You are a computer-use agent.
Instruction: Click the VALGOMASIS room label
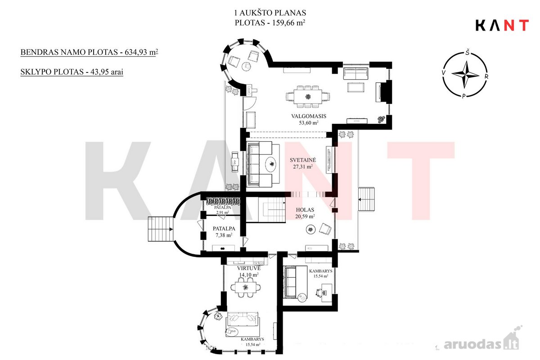[x=309, y=116]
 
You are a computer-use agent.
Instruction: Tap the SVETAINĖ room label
[x=303, y=160]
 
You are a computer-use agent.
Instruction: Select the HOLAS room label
[x=305, y=210]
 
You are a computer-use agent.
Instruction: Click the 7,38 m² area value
[x=224, y=235]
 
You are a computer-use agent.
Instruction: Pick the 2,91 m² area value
[x=222, y=212]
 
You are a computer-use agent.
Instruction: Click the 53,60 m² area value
[x=309, y=122]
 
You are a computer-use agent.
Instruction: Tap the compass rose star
[x=465, y=74]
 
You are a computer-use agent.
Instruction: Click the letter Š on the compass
[x=468, y=52]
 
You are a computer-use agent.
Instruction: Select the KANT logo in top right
[x=502, y=25]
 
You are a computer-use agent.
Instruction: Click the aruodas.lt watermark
[x=481, y=345]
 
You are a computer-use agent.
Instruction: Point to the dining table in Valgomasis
[x=308, y=97]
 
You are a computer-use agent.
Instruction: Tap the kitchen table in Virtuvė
[x=245, y=287]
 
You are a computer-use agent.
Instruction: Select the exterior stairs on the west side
[x=161, y=229]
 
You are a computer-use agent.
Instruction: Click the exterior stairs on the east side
[x=366, y=199]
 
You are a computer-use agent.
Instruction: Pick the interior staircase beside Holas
[x=272, y=210]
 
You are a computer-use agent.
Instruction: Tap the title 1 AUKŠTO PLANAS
[x=270, y=13]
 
